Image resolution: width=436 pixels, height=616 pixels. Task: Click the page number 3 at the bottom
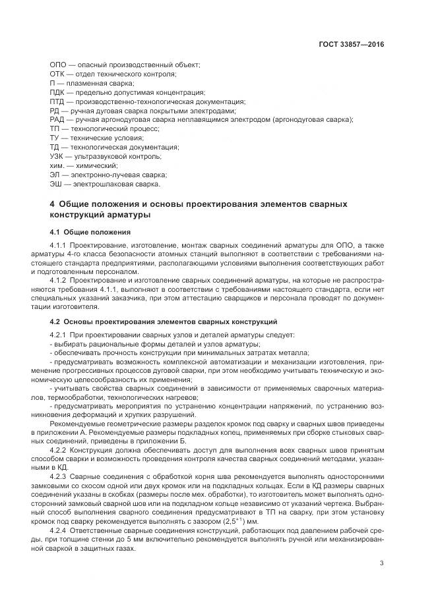click(x=382, y=562)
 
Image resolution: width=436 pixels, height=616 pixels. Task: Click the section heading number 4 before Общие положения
click(x=52, y=204)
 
